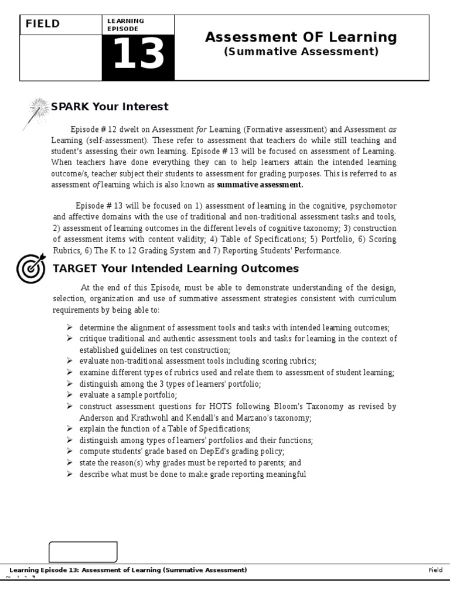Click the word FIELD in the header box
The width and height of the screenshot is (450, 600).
pos(42,24)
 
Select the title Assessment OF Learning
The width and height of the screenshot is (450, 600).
pos(301,37)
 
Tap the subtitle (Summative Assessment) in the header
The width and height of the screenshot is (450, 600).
pos(301,52)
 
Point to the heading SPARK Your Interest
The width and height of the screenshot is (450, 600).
pos(110,107)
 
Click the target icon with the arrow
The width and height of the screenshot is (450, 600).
pos(31,268)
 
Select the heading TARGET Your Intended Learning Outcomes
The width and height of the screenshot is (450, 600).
pos(176,269)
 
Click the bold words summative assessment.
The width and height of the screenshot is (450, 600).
pos(260,185)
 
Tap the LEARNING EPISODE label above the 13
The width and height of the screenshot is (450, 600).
pos(125,25)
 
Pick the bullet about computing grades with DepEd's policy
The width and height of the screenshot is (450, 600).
pos(182,451)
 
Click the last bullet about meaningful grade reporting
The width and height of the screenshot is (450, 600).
pos(193,473)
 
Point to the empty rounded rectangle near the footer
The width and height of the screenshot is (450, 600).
pos(83,552)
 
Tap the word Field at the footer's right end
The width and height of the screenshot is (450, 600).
pos(435,570)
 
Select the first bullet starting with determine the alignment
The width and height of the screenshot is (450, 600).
pos(234,328)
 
